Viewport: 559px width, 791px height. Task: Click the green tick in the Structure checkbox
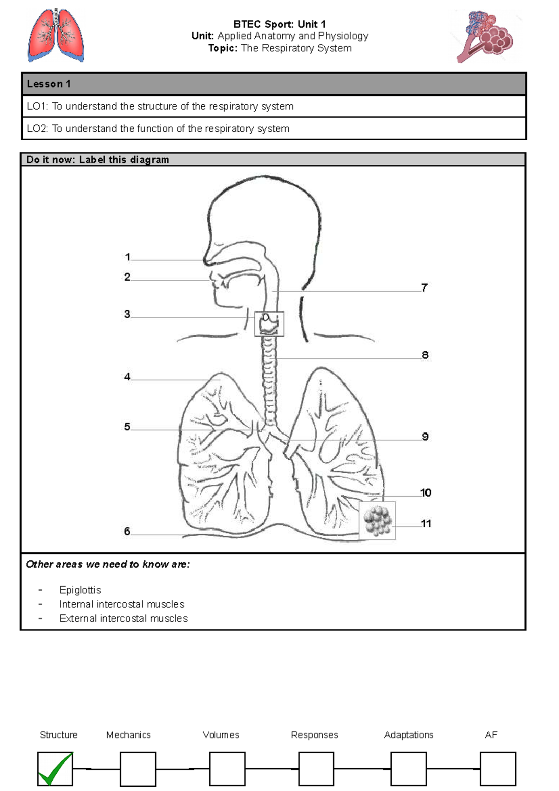pos(55,769)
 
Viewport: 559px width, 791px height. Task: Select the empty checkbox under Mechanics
pos(138,769)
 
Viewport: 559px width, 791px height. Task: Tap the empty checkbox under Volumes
pos(227,769)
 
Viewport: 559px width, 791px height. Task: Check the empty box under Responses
pos(316,769)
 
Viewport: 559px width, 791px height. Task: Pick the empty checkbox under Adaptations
pos(409,769)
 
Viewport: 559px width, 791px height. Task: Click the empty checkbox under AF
pos(498,769)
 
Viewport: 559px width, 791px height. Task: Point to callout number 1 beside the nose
pos(128,257)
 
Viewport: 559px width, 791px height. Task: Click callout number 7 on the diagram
pos(424,287)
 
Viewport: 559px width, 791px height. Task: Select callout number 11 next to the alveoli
pos(426,524)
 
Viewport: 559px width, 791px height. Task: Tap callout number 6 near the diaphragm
pos(127,531)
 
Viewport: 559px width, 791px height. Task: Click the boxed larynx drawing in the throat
pos(269,324)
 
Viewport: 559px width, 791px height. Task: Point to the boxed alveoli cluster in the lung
pos(377,520)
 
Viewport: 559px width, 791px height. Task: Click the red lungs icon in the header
pos(56,35)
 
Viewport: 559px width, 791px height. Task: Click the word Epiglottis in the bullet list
pos(80,590)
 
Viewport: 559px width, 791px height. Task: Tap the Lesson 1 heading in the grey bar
pos(48,84)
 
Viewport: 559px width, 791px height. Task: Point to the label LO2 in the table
pos(37,129)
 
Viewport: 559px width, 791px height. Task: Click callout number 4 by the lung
pos(127,376)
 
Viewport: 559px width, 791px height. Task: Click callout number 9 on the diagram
pos(425,436)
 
